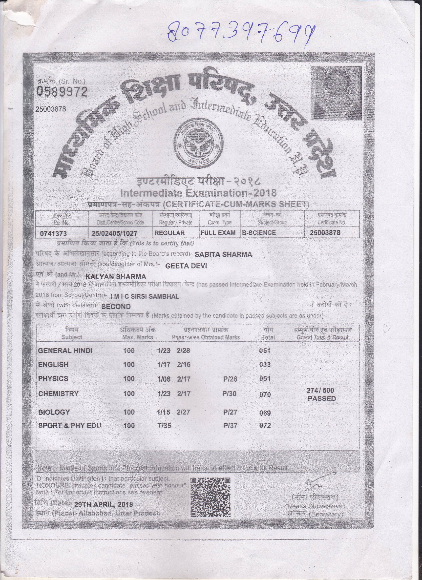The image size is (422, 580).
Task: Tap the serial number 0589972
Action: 62,92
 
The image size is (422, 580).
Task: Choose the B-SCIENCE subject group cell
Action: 259,233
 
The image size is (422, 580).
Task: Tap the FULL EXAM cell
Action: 218,233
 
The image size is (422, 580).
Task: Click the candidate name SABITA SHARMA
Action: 223,254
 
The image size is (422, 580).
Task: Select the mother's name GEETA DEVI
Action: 186,266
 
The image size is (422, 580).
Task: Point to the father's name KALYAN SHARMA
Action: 116,277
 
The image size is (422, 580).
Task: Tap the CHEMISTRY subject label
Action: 58,394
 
